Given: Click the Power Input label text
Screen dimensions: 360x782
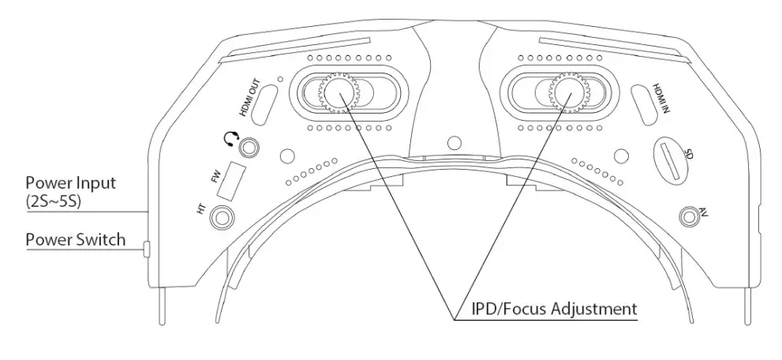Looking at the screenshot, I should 71,182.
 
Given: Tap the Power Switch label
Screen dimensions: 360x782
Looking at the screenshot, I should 75,238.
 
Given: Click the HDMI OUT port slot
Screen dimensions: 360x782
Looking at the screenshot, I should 264,103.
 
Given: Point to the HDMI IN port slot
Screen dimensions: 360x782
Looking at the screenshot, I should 646,105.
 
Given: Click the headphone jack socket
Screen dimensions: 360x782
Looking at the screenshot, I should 251,147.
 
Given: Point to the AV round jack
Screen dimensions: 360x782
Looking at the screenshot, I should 689,214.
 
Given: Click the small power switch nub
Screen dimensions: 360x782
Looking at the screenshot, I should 147,250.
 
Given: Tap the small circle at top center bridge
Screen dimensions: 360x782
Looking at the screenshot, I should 453,144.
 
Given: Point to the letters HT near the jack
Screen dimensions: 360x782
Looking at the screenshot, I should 201,211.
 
